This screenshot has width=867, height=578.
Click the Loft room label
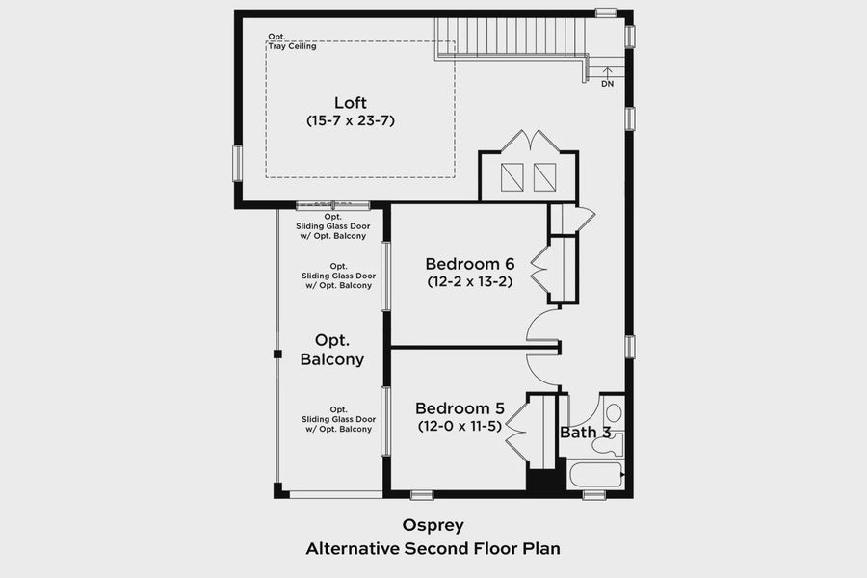(x=351, y=103)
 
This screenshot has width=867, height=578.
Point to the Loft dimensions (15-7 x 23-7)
(x=351, y=121)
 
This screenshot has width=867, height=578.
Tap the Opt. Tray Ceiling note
(x=292, y=41)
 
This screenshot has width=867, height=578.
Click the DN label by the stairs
(x=607, y=84)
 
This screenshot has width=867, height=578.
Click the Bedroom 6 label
(x=470, y=264)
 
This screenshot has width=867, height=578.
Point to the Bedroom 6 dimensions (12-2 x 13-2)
(x=470, y=282)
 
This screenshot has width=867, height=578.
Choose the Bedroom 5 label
(x=460, y=408)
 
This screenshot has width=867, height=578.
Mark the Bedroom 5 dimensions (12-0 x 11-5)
(x=460, y=426)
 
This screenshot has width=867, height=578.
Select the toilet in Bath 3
(x=614, y=414)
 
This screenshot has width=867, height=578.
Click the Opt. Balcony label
(x=332, y=351)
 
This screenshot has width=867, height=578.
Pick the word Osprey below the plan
(x=433, y=526)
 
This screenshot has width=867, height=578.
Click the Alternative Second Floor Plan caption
(x=433, y=549)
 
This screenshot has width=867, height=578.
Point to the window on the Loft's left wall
(x=237, y=163)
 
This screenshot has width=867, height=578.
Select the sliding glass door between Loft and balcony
(x=331, y=205)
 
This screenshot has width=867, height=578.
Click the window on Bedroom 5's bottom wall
(x=422, y=495)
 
